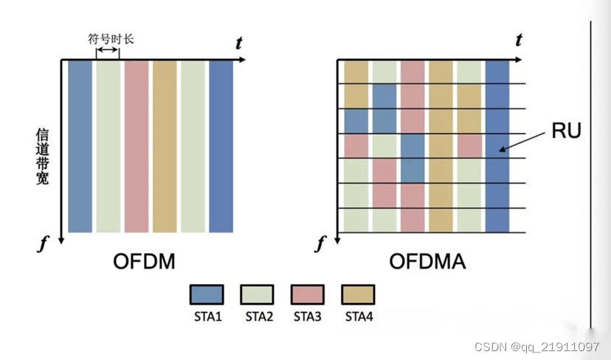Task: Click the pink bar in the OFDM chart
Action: pyautogui.click(x=137, y=146)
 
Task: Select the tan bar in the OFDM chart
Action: pyautogui.click(x=165, y=146)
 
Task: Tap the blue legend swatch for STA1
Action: pyautogui.click(x=206, y=294)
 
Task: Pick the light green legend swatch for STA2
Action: pyautogui.click(x=257, y=294)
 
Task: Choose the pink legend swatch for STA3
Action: pyautogui.click(x=308, y=294)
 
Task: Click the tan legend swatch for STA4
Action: pyautogui.click(x=359, y=294)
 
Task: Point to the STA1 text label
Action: pyautogui.click(x=206, y=317)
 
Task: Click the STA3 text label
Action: pyautogui.click(x=308, y=317)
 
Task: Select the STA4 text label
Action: pyautogui.click(x=359, y=317)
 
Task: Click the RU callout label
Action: pyautogui.click(x=566, y=131)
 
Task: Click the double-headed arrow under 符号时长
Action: pyautogui.click(x=108, y=50)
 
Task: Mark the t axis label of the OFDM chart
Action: pyautogui.click(x=238, y=44)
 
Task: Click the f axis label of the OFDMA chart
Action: pyautogui.click(x=321, y=243)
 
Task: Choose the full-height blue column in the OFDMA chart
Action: pyautogui.click(x=497, y=146)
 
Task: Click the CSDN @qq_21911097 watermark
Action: pyautogui.click(x=536, y=347)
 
